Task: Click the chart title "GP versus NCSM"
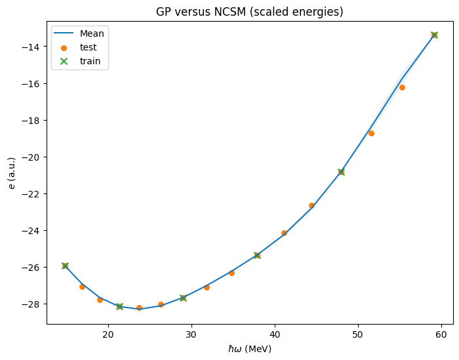coord(201,12)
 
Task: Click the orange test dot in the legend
coord(64,48)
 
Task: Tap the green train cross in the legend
coord(64,62)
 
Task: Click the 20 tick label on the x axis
coord(109,334)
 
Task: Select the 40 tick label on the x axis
coord(275,334)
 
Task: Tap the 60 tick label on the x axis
coord(441,334)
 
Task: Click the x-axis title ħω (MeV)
coord(250,349)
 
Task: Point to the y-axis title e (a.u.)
coord(12,173)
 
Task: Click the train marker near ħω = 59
coord(434,35)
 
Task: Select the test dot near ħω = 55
coord(402,87)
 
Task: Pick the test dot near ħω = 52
coord(371,134)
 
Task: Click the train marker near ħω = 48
coord(342,172)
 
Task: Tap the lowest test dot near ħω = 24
coord(139,308)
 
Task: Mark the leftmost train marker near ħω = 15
coord(65,266)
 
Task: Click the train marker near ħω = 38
coord(257,256)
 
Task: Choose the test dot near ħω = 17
coord(82,287)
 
